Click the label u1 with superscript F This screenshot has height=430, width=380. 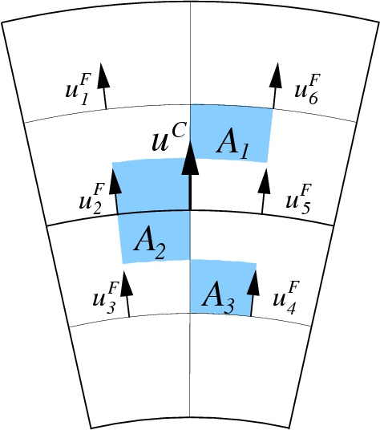78,90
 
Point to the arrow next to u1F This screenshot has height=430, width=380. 103,86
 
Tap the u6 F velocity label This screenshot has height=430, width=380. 307,89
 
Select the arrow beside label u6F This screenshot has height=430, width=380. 275,86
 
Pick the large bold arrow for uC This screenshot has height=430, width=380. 190,175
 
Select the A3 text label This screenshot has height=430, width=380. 218,298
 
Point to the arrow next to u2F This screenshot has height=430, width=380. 115,191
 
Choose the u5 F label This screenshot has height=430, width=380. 299,199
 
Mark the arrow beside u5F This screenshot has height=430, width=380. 264,191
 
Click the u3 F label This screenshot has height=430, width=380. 106,298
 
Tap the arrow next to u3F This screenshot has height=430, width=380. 127,294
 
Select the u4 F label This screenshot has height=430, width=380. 286,298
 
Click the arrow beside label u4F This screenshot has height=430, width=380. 253,293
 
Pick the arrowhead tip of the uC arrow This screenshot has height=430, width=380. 190,140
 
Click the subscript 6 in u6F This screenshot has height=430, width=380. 313,98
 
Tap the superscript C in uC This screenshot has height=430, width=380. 180,129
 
